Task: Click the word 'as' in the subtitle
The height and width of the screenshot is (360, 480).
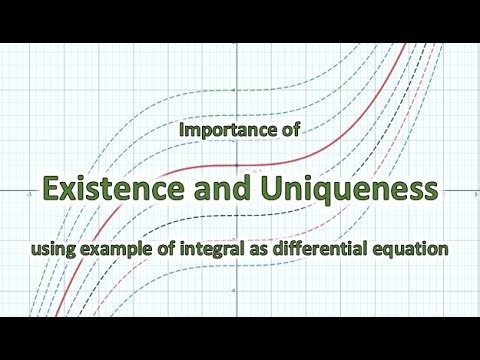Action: tap(262, 246)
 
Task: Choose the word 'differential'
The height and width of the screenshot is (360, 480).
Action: tap(323, 246)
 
